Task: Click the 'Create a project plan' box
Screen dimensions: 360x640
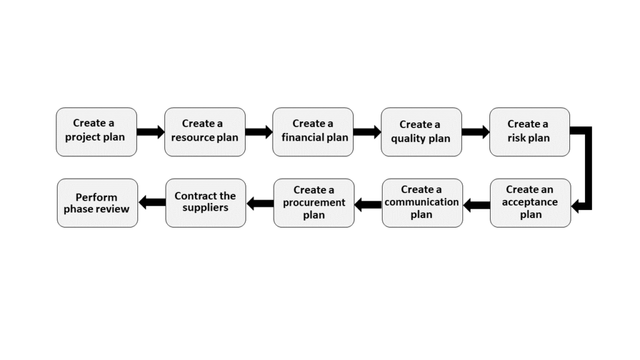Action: point(96,132)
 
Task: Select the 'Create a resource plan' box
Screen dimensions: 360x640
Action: point(204,132)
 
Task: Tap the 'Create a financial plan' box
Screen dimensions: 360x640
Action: point(312,132)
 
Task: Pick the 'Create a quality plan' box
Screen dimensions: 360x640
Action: point(421,132)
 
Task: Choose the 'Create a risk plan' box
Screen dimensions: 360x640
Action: point(529,132)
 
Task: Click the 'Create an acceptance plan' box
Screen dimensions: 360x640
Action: point(530,202)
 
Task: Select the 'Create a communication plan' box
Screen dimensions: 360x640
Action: point(422,202)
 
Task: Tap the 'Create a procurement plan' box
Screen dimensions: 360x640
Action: point(314,202)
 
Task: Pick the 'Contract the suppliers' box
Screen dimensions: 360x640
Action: point(205,202)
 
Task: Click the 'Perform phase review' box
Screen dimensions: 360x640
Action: point(97,202)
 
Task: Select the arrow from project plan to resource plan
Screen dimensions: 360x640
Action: point(151,132)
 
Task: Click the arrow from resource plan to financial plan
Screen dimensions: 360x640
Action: point(259,132)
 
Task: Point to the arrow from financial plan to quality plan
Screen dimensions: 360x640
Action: point(367,132)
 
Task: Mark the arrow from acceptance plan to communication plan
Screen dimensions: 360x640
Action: point(476,204)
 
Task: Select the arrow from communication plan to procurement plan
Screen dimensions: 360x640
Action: point(368,204)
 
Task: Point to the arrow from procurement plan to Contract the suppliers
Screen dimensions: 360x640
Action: point(260,203)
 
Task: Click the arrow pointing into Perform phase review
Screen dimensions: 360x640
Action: point(152,202)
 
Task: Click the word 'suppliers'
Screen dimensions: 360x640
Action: point(205,208)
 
